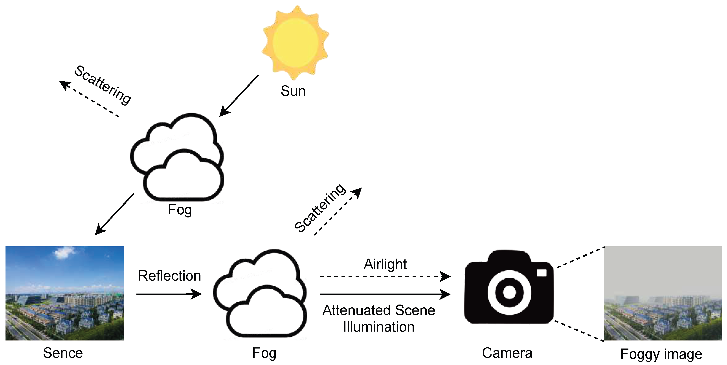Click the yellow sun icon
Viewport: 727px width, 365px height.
point(295,43)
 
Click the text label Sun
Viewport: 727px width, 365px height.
point(293,91)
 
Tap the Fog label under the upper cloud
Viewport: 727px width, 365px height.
point(180,210)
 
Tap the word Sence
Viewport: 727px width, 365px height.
point(63,353)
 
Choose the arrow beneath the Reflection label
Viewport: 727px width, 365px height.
point(169,294)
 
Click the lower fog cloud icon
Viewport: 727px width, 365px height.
point(260,293)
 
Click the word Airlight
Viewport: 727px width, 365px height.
point(385,264)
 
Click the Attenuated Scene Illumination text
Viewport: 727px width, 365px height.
point(379,318)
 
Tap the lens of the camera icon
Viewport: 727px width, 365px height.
point(509,292)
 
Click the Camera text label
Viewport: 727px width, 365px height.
point(507,353)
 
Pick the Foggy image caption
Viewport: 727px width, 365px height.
point(661,354)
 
